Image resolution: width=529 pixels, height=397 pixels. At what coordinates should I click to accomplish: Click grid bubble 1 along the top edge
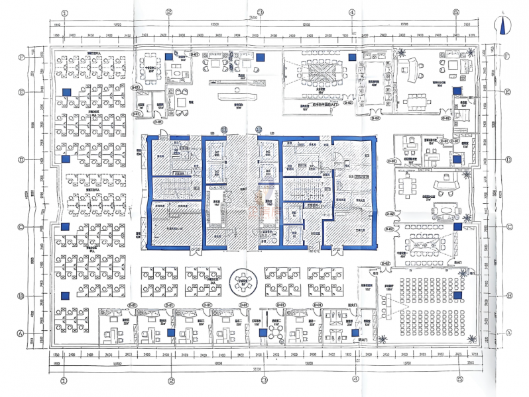pos(64,12)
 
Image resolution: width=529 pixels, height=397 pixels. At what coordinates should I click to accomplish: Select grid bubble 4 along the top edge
pos(351,12)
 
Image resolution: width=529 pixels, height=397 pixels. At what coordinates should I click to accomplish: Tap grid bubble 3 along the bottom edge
pos(263,381)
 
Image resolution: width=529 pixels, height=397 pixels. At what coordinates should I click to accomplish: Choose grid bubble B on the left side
pos(23,296)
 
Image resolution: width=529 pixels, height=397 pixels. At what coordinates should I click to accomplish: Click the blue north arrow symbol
pos(504,26)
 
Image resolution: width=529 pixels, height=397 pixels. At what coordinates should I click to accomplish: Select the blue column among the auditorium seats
pos(457,296)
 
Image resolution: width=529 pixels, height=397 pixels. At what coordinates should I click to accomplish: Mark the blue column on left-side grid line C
pos(66,228)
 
